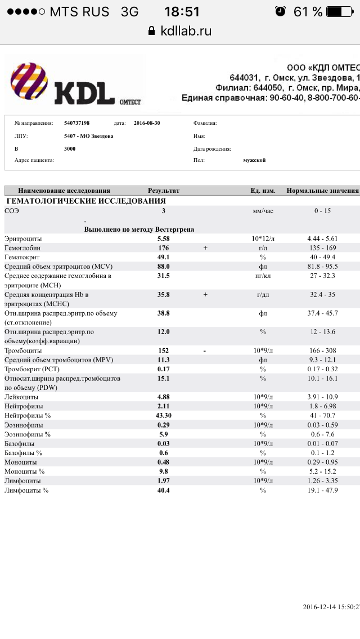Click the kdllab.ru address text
[185, 31]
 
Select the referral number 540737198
[77, 123]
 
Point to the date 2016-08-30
[147, 123]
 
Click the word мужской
[254, 160]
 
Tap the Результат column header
[163, 191]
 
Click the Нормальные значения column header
[322, 191]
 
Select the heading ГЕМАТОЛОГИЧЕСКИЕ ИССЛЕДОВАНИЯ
[85, 201]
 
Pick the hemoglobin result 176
[163, 248]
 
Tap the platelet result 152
[163, 350]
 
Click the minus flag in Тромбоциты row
[205, 350]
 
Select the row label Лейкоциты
[22, 397]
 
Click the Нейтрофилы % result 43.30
[164, 415]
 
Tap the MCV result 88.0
[163, 267]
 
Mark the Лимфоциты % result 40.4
[163, 490]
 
